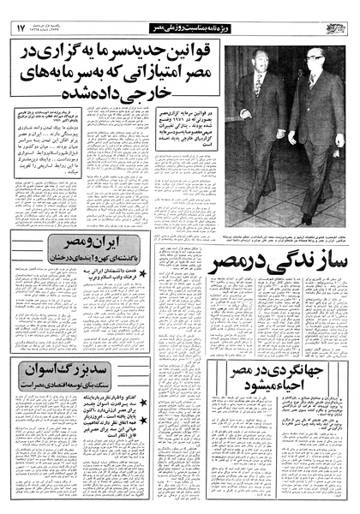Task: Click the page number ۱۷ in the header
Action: (20, 28)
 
